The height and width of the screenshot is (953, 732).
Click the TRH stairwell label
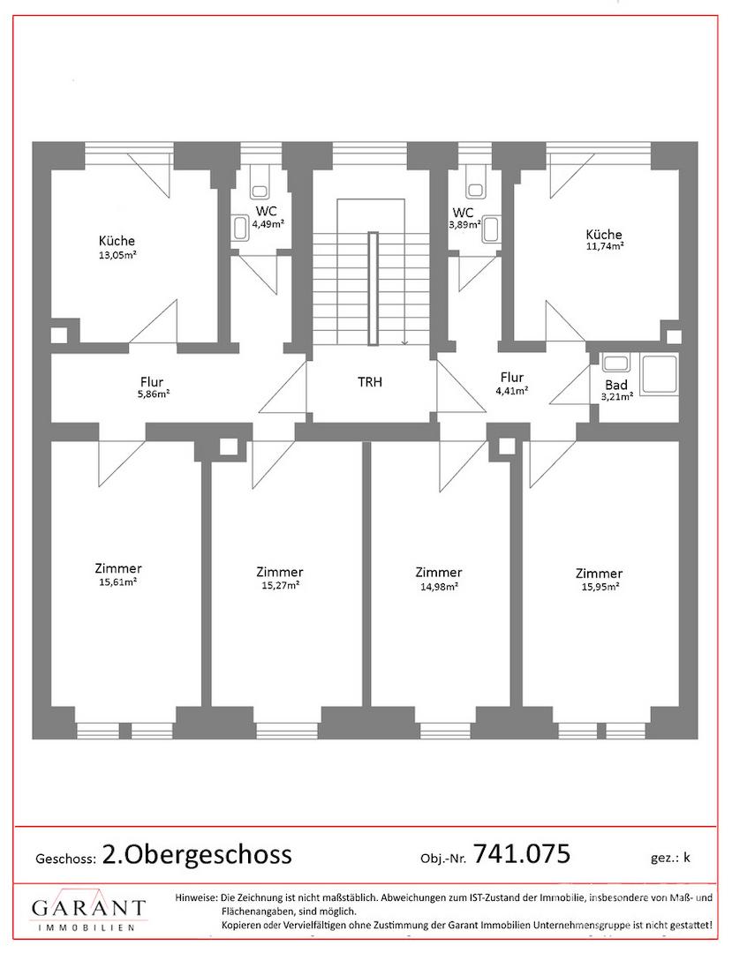click(370, 382)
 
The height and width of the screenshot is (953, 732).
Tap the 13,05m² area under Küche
click(117, 255)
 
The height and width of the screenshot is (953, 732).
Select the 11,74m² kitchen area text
click(604, 246)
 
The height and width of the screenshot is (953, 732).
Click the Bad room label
click(615, 386)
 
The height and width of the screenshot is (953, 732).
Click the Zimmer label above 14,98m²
click(438, 572)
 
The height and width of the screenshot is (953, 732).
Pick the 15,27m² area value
click(280, 585)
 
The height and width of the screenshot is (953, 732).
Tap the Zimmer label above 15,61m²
click(118, 568)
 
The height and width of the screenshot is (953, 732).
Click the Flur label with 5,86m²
click(151, 382)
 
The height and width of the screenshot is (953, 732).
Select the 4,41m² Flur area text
click(511, 391)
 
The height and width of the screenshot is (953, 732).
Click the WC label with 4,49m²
click(267, 212)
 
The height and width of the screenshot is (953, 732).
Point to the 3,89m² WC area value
click(464, 223)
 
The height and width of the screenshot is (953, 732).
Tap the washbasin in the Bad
click(615, 364)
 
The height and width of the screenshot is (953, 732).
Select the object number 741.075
click(521, 853)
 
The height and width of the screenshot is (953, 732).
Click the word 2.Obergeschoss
click(197, 854)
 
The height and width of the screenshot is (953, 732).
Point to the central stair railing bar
click(373, 289)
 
